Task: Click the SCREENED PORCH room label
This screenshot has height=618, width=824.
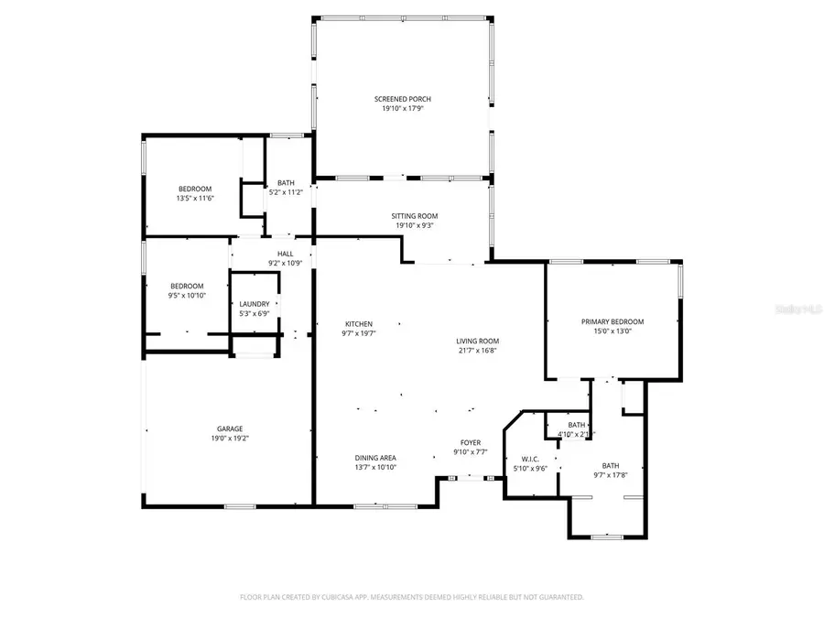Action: click(402, 99)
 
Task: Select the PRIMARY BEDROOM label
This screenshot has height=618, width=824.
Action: click(613, 321)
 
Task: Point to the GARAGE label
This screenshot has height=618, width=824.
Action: click(230, 428)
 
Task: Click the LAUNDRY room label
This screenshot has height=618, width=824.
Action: click(254, 304)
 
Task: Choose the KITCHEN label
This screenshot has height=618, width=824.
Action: click(358, 324)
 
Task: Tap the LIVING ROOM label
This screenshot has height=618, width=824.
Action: click(478, 342)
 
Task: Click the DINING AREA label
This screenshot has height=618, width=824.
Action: click(375, 457)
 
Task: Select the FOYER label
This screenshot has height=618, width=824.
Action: click(470, 442)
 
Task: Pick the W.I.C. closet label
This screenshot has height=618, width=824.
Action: click(529, 459)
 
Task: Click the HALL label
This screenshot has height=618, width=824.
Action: click(285, 254)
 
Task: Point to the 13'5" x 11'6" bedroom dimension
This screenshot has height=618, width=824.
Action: click(194, 199)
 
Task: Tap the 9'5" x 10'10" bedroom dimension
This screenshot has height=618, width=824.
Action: click(186, 296)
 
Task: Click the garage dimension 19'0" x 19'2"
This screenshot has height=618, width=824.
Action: click(230, 439)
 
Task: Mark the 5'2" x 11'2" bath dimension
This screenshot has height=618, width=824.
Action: click(286, 193)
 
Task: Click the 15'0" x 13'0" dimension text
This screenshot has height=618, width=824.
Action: click(613, 331)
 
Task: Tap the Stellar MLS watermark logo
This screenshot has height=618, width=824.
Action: click(797, 310)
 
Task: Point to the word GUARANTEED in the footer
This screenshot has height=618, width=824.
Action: click(560, 597)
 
